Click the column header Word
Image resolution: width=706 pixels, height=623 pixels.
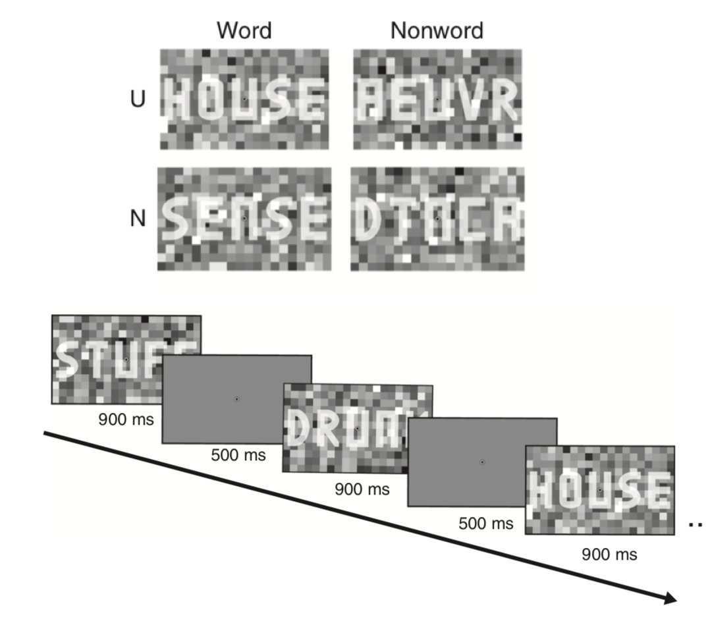[x=244, y=30]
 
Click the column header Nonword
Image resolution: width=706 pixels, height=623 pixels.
[x=436, y=30]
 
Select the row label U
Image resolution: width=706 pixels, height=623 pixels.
[x=137, y=101]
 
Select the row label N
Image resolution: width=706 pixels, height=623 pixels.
[x=137, y=219]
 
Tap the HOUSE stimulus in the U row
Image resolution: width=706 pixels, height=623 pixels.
[x=244, y=99]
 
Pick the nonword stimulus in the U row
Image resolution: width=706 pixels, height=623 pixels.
[x=437, y=99]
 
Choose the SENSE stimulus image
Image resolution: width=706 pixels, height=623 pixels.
[x=244, y=219]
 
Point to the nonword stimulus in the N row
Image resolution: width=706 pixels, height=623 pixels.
[x=437, y=219]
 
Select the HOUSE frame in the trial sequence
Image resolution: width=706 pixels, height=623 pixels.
[x=599, y=490]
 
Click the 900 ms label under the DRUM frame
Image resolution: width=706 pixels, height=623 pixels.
[x=362, y=489]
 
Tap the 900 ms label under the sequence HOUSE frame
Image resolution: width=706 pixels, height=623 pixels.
[x=609, y=555]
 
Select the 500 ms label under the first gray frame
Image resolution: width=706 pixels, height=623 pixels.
[x=238, y=454]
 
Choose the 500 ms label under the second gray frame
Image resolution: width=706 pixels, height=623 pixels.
[x=485, y=524]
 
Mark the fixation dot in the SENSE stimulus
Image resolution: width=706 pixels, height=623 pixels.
[x=244, y=218]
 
